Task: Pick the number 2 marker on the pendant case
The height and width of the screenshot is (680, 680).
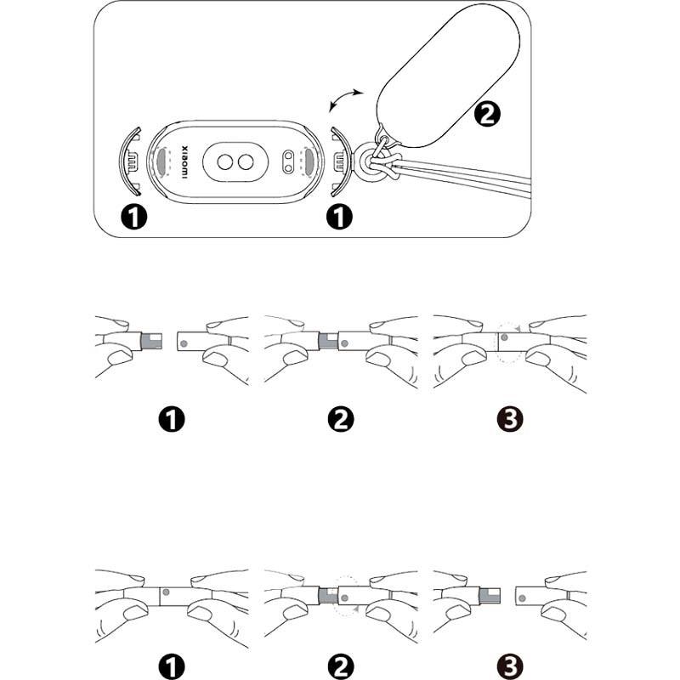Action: (487, 113)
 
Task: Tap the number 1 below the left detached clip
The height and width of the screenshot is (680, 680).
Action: (134, 218)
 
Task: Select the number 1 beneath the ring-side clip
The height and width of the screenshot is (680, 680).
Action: (338, 218)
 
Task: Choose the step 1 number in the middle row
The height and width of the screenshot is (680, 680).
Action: (173, 419)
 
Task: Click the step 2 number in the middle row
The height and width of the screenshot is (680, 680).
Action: (340, 419)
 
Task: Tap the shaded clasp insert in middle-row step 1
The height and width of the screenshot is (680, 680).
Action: (151, 342)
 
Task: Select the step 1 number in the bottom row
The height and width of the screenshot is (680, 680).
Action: (173, 664)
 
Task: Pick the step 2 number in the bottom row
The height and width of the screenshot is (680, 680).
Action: (340, 664)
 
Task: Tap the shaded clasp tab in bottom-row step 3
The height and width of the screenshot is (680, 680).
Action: (491, 594)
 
